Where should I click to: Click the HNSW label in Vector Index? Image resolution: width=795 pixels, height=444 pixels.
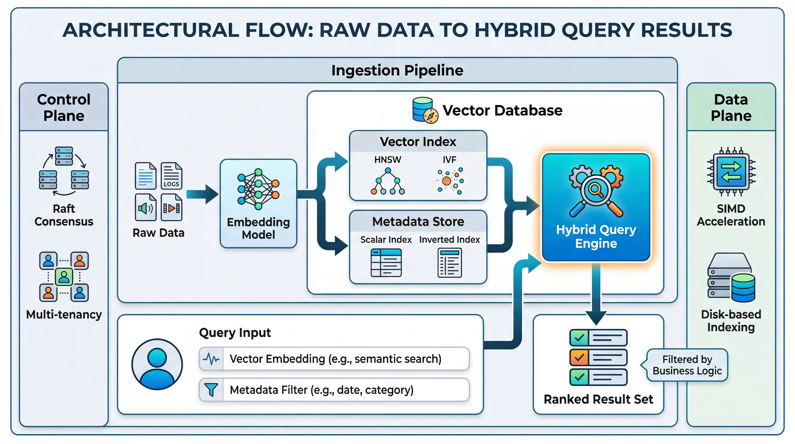click(388, 160)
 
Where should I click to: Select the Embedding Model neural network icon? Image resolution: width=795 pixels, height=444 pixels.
click(258, 189)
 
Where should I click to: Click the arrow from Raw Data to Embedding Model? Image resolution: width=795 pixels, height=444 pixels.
click(202, 194)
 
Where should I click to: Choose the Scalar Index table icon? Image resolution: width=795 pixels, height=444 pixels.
click(386, 263)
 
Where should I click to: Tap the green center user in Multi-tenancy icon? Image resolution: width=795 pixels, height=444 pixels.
click(64, 277)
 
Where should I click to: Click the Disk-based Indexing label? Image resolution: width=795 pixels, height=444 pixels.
click(731, 321)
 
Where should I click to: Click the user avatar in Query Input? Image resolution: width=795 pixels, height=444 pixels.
click(157, 364)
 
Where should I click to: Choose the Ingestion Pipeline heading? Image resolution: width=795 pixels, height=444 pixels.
click(397, 70)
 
